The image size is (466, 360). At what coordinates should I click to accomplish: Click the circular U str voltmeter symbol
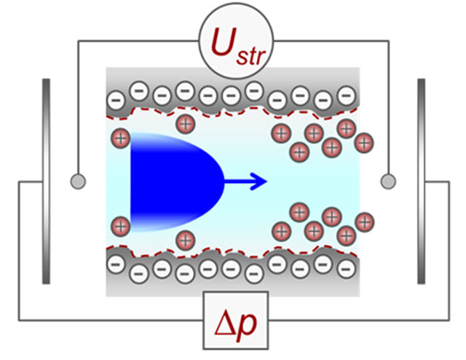click(x=236, y=41)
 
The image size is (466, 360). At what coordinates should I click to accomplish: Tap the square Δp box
click(x=236, y=321)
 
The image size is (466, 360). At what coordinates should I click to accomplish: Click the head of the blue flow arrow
click(x=259, y=181)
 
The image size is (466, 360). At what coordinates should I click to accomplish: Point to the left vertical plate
click(x=46, y=181)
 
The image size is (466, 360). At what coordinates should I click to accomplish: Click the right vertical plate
click(x=421, y=181)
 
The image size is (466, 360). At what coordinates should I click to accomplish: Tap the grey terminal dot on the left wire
click(x=78, y=181)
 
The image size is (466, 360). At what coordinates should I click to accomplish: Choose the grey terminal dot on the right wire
click(x=388, y=181)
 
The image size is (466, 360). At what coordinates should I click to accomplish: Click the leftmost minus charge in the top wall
click(x=116, y=100)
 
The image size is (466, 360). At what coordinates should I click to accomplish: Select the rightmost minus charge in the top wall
click(x=347, y=95)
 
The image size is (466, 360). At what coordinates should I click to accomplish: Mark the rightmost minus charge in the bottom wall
click(x=347, y=269)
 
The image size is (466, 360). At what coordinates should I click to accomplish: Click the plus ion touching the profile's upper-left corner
click(x=121, y=138)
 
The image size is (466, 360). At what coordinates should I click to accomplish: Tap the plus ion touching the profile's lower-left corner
click(x=121, y=227)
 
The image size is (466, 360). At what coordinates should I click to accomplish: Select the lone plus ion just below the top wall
click(x=186, y=124)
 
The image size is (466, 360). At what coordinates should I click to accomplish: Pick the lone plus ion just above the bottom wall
click(x=186, y=240)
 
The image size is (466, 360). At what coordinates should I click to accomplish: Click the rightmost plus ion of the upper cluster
click(x=364, y=143)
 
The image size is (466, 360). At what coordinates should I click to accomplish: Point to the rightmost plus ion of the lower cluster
click(x=365, y=222)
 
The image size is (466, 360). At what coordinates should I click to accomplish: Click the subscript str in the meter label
click(x=250, y=57)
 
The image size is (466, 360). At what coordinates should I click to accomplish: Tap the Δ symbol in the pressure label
click(x=226, y=324)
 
